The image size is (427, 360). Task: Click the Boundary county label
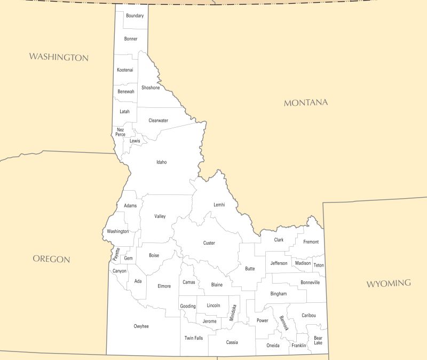(x=135, y=16)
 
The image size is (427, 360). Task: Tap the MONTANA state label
(x=306, y=103)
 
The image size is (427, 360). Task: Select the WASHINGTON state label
(x=59, y=57)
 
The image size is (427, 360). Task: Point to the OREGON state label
(x=51, y=259)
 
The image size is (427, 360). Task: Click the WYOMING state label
(x=389, y=283)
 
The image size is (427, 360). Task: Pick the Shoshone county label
(x=151, y=88)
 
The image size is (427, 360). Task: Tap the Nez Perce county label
(x=121, y=132)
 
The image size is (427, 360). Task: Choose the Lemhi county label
(x=219, y=205)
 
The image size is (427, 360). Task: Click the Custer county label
(x=209, y=243)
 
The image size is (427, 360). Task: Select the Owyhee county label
(x=141, y=326)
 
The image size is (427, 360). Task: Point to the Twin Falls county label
(x=194, y=338)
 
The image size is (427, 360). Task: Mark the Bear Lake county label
(x=318, y=340)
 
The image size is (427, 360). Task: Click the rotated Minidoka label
(x=234, y=312)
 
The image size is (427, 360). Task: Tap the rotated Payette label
(x=117, y=254)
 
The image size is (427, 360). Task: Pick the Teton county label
(x=319, y=265)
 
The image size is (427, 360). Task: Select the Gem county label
(x=128, y=259)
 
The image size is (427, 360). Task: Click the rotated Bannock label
(x=283, y=323)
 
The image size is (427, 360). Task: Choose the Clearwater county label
(x=159, y=120)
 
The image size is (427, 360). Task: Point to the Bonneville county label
(x=310, y=282)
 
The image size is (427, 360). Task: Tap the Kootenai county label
(x=125, y=70)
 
